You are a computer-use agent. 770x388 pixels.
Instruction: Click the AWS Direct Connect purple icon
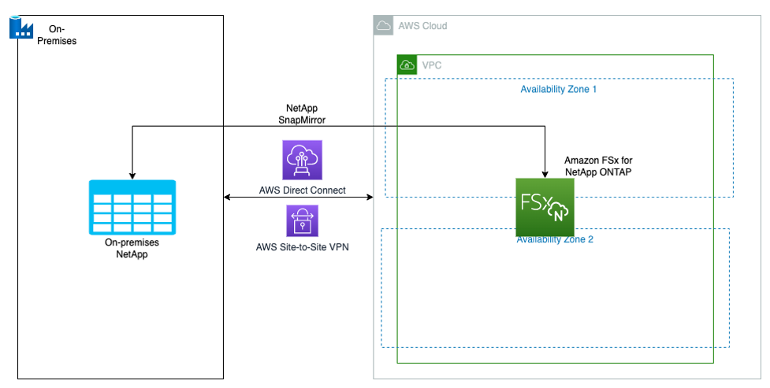click(303, 161)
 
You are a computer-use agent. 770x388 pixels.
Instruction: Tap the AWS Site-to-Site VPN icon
click(303, 221)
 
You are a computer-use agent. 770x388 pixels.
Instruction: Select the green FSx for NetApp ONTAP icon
click(545, 207)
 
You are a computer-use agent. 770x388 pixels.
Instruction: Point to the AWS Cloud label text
click(422, 26)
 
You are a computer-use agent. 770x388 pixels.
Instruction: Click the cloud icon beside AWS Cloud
click(384, 26)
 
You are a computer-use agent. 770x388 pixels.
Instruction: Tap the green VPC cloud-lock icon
click(407, 65)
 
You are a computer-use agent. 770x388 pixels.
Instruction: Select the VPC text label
click(432, 65)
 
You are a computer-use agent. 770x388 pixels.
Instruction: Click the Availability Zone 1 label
click(558, 90)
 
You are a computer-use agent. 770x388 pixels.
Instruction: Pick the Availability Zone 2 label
click(555, 239)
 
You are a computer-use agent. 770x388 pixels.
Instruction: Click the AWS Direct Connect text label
click(303, 190)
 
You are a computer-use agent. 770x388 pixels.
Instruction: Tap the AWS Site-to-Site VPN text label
click(303, 248)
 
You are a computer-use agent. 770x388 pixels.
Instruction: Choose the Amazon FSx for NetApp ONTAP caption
click(598, 166)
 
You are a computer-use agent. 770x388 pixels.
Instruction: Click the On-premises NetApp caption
click(132, 250)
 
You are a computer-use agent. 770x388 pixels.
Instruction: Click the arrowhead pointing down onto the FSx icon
click(545, 172)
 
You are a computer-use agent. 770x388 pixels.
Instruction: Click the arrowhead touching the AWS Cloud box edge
click(368, 197)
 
